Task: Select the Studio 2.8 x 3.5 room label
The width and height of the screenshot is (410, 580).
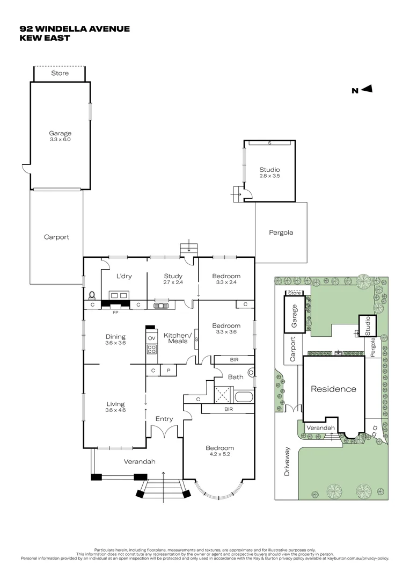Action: click(x=269, y=172)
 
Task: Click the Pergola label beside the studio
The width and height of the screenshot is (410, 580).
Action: click(x=281, y=233)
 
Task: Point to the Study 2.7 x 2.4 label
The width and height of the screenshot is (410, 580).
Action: click(x=173, y=279)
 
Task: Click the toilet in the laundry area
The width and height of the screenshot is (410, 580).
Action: click(x=92, y=295)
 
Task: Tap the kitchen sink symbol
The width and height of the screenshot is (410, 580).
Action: click(x=161, y=306)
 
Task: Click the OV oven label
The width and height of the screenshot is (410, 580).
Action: click(x=151, y=337)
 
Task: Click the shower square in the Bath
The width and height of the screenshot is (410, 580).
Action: click(x=222, y=395)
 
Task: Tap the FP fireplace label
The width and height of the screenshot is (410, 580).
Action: click(x=115, y=311)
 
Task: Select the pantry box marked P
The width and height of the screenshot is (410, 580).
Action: click(x=168, y=371)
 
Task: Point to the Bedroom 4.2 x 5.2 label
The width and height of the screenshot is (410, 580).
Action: click(x=219, y=451)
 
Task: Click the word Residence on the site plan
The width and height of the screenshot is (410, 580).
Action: click(x=333, y=389)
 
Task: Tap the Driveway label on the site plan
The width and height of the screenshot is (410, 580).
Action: click(x=287, y=462)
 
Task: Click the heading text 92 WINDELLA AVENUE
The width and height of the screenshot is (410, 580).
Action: click(x=75, y=28)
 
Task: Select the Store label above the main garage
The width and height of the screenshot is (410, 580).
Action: click(x=60, y=73)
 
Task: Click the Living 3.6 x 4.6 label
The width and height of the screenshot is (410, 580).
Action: click(x=115, y=407)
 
